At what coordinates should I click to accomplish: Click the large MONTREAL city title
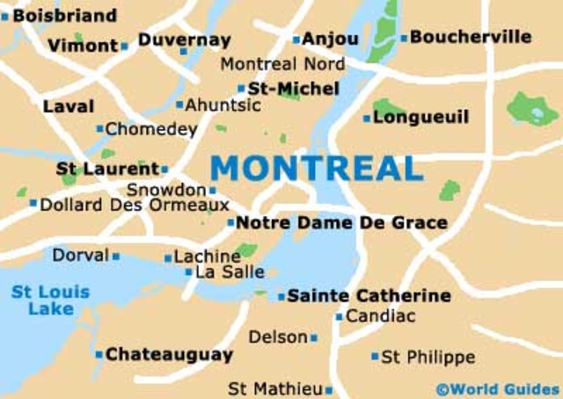pyautogui.click(x=317, y=167)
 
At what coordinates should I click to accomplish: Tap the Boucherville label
pyautogui.click(x=471, y=37)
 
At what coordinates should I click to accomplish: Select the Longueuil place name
pyautogui.click(x=421, y=117)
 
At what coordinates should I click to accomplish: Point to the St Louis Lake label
pyautogui.click(x=50, y=300)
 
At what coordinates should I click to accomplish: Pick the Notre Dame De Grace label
pyautogui.click(x=342, y=223)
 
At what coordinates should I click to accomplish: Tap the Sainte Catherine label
pyautogui.click(x=369, y=295)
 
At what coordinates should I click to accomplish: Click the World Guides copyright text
pyautogui.click(x=498, y=388)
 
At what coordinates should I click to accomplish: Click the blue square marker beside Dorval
pyautogui.click(x=116, y=257)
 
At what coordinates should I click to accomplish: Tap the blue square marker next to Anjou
pyautogui.click(x=296, y=40)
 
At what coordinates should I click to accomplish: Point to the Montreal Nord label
pyautogui.click(x=282, y=64)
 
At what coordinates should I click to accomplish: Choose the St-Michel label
pyautogui.click(x=293, y=88)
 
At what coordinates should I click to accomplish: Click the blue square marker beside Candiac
pyautogui.click(x=339, y=316)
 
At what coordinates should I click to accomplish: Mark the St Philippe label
pyautogui.click(x=428, y=357)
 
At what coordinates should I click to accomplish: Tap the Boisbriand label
pyautogui.click(x=64, y=15)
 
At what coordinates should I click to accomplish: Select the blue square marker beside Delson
pyautogui.click(x=314, y=337)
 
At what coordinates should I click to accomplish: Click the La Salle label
pyautogui.click(x=230, y=272)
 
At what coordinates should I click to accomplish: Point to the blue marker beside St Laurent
pyautogui.click(x=165, y=169)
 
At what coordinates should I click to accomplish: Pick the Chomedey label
pyautogui.click(x=151, y=129)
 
